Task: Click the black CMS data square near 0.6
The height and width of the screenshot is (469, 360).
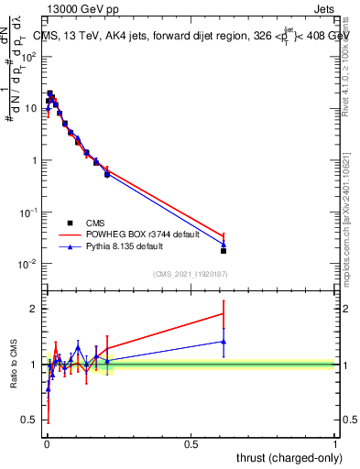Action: point(224,250)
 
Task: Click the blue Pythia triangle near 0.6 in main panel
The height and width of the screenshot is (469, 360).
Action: point(224,244)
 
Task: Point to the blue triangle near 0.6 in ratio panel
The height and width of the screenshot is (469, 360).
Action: point(224,342)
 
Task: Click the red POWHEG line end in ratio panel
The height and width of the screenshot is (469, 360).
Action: point(224,314)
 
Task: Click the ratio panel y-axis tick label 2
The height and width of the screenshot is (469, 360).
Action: point(36,309)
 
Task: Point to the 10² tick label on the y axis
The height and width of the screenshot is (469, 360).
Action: point(29,57)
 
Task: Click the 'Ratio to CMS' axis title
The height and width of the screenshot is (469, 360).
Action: point(13,365)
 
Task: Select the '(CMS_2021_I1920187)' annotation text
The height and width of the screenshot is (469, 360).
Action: point(190,274)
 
